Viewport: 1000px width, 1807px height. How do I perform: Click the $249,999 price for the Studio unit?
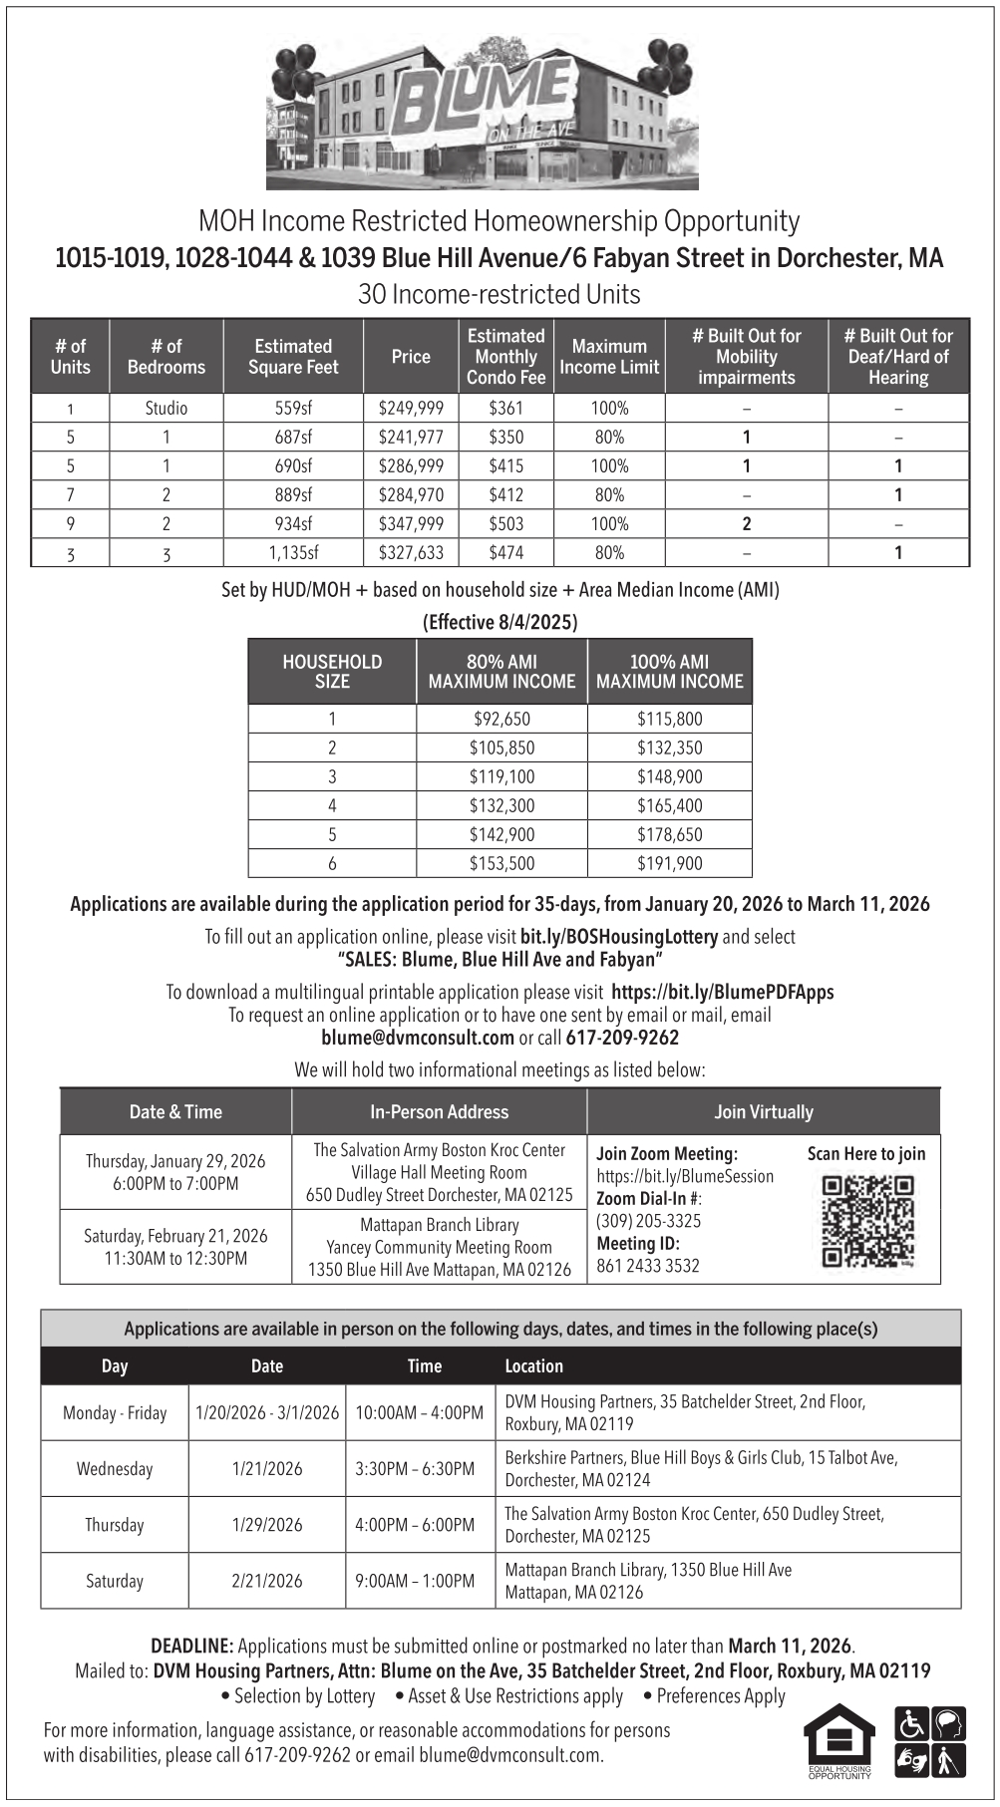click(x=411, y=409)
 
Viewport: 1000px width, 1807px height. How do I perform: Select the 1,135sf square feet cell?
click(x=293, y=553)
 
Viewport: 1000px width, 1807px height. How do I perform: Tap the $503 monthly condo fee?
click(x=505, y=524)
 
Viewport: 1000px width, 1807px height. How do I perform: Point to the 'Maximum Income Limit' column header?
click(x=609, y=357)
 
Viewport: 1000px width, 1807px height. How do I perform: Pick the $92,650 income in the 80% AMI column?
click(x=501, y=720)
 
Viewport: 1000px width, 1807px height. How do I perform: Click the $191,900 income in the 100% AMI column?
click(x=669, y=864)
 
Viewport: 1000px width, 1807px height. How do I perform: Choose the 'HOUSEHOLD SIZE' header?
click(x=332, y=672)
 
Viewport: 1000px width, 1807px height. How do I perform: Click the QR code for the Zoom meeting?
click(x=867, y=1222)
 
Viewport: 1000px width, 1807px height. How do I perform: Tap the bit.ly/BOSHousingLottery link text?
click(x=618, y=937)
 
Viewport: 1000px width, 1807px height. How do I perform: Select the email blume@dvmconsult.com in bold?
click(x=418, y=1038)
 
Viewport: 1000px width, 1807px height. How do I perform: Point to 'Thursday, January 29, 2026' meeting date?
click(x=175, y=1161)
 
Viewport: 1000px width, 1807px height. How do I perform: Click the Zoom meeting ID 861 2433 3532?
click(x=648, y=1266)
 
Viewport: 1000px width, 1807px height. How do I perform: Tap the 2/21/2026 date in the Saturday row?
click(x=267, y=1581)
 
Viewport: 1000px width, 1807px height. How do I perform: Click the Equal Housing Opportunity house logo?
click(x=839, y=1738)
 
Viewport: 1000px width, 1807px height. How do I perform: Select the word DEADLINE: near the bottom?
click(x=191, y=1646)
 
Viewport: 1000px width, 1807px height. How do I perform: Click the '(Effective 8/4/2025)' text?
click(x=500, y=623)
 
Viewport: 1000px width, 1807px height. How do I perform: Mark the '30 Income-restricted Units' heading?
click(x=500, y=295)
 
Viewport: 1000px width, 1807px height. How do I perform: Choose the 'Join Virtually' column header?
click(x=764, y=1112)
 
